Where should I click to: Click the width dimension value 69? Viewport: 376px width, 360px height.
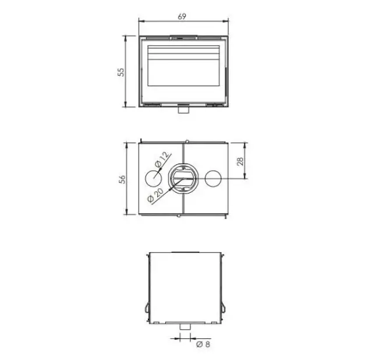(182, 16)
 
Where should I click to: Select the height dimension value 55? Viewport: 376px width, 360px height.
(121, 72)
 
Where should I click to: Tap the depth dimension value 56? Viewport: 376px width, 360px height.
(122, 179)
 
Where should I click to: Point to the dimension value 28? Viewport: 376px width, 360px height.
(240, 161)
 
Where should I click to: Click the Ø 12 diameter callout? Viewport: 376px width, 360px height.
(162, 159)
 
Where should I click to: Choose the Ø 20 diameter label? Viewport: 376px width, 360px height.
(155, 195)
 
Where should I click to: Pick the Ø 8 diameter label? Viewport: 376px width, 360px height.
(203, 344)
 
